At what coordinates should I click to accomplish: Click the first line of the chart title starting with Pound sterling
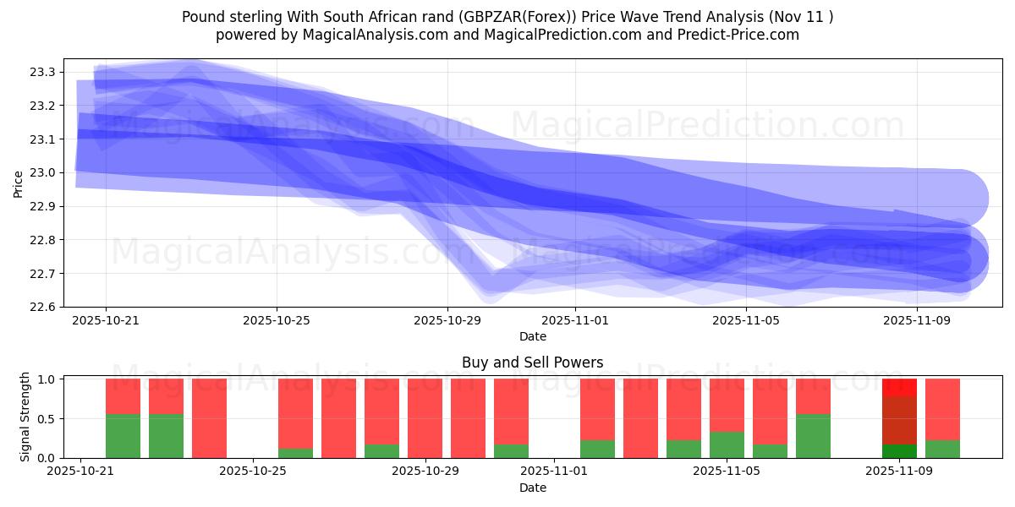[507, 16]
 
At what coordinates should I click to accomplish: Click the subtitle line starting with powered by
[507, 35]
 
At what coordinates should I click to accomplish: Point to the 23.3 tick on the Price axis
[43, 73]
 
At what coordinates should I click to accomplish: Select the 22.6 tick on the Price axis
[43, 307]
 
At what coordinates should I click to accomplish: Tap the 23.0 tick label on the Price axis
[43, 173]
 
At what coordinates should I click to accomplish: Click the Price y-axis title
[18, 183]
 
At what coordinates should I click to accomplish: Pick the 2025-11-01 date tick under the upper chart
[575, 321]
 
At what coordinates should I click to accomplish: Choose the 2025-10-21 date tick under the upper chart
[106, 321]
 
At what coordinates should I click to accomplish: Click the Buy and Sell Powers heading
[532, 363]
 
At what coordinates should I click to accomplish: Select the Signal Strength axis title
[25, 417]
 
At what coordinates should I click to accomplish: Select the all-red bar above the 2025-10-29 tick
[425, 418]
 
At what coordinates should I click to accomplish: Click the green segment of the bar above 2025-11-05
[727, 444]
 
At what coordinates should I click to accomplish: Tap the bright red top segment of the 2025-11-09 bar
[899, 387]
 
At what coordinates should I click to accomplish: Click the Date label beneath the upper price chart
[532, 336]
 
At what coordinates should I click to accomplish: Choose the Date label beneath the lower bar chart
[532, 488]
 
